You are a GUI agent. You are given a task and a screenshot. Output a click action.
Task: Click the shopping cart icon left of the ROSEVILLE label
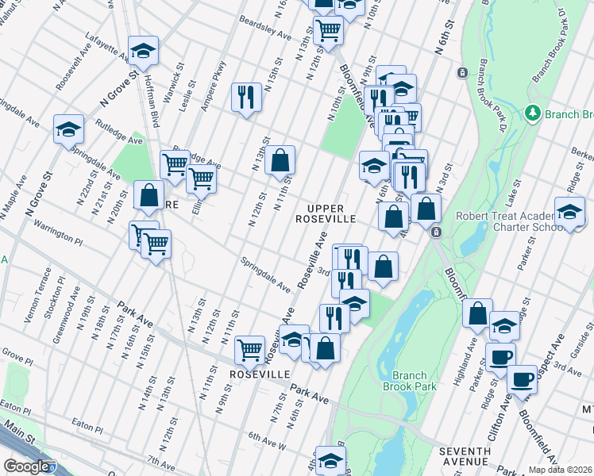tap(249, 348)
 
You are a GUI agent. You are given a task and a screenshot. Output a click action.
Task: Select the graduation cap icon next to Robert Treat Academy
tap(569, 213)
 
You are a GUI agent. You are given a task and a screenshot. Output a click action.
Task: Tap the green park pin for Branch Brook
tap(534, 114)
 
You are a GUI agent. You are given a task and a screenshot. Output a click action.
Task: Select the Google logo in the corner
tap(26, 466)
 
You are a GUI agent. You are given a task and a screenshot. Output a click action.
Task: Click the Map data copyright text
tap(560, 470)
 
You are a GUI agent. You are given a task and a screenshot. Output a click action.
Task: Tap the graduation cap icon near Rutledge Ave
tap(68, 128)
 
